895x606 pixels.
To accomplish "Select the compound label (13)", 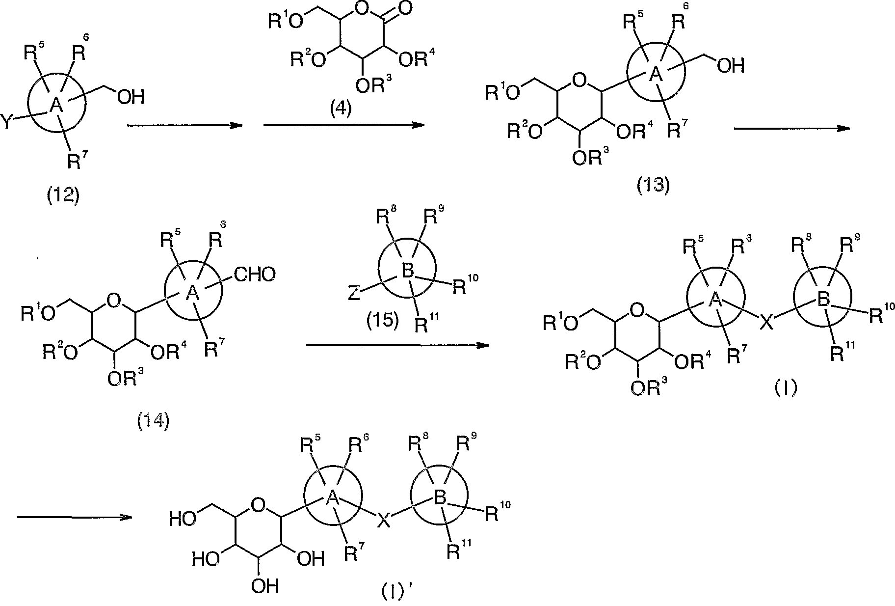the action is pyautogui.click(x=653, y=186).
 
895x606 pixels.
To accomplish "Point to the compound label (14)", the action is pyautogui.click(x=153, y=420).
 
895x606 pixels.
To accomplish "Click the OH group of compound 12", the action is pyautogui.click(x=131, y=97).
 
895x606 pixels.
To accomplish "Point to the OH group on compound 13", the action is pyautogui.click(x=731, y=65).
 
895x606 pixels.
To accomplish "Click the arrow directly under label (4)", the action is pyautogui.click(x=343, y=126).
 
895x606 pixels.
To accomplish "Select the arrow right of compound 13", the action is pyautogui.click(x=791, y=129).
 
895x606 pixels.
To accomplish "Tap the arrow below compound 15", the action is pyautogui.click(x=397, y=345).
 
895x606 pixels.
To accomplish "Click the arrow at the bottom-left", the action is pyautogui.click(x=75, y=517).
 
